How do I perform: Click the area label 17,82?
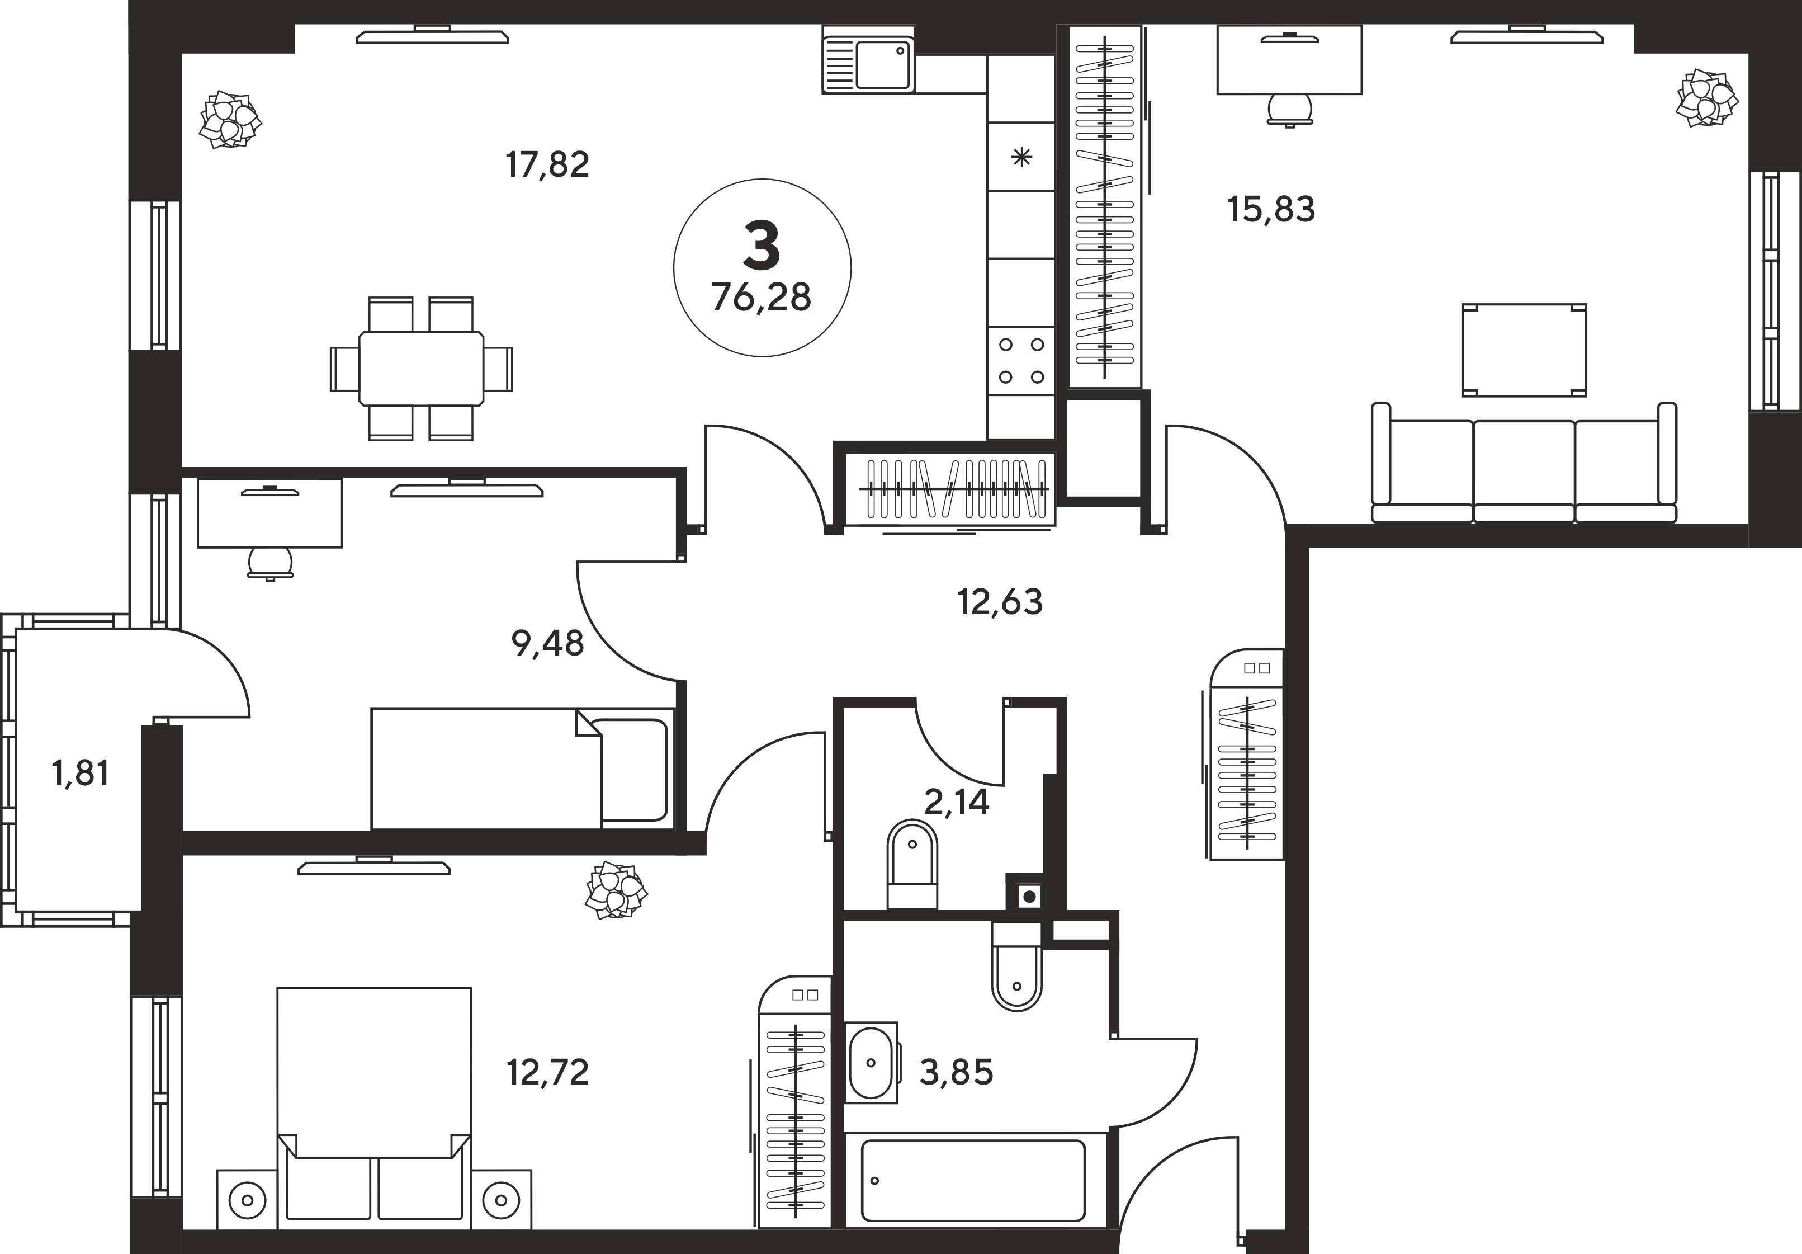pos(547,166)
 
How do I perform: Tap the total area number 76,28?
pos(762,298)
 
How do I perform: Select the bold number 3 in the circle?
pos(762,245)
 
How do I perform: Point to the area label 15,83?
pos(1271,210)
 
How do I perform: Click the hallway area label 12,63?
pos(1000,602)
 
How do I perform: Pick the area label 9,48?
pos(547,644)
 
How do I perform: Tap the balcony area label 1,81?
pos(80,774)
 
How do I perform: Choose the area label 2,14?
pos(957,803)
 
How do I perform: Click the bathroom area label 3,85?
pos(956,1072)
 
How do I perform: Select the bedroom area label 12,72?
pos(547,1072)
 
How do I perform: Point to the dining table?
pos(422,368)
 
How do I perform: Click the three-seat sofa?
pos(1524,463)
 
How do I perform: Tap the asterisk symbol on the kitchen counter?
pos(1021,158)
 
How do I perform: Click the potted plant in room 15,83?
pos(1707,98)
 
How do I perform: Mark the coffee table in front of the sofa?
pos(1524,350)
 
